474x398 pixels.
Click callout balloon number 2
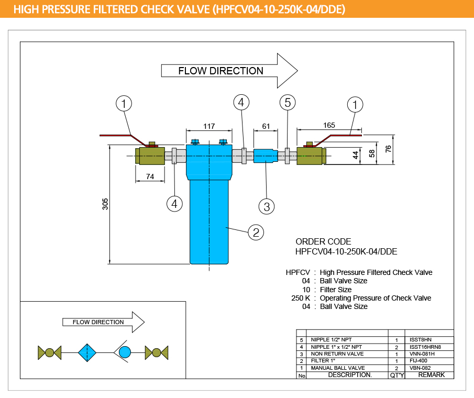coord(256,232)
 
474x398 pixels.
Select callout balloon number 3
coord(267,206)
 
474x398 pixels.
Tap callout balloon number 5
coord(288,103)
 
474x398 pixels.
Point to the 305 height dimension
coord(105,204)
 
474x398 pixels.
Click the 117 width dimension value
coord(209,126)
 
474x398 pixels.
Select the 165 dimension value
coord(329,125)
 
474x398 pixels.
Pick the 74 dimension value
coord(150,177)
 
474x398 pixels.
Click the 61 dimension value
coord(266,126)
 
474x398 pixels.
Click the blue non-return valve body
coord(266,156)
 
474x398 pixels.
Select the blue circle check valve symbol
coord(125,352)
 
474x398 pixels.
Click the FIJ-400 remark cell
coord(420,361)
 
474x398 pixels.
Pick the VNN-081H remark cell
coord(422,353)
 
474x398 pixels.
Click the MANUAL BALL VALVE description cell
coord(338,368)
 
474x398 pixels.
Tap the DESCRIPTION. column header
coord(349,375)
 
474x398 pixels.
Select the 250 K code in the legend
coord(301,298)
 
